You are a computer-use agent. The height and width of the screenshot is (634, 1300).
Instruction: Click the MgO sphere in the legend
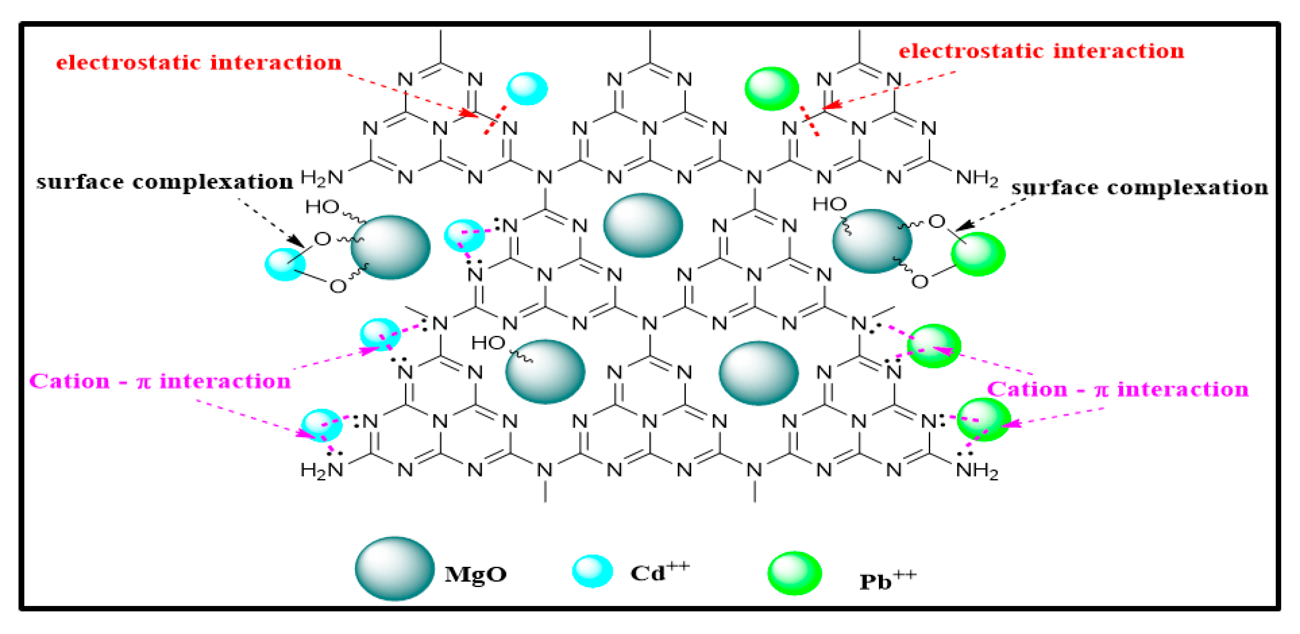394,569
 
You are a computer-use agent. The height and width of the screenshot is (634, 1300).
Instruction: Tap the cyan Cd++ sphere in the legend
593,571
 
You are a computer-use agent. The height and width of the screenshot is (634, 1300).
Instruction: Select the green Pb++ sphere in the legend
794,573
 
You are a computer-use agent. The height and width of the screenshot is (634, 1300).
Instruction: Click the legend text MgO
475,574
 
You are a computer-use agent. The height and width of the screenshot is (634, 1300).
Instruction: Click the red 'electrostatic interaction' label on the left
199,62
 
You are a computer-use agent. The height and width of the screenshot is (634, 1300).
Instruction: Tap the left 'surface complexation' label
164,182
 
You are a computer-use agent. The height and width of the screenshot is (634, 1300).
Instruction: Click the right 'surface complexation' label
1139,188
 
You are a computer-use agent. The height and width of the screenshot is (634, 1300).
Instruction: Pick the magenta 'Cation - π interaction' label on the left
160,381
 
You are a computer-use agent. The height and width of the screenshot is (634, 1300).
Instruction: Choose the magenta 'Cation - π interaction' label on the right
1117,389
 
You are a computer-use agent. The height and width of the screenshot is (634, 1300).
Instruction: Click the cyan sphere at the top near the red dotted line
527,88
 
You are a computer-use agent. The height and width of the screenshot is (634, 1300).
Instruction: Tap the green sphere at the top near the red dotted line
772,89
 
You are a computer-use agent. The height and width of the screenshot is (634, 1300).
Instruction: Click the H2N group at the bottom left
322,470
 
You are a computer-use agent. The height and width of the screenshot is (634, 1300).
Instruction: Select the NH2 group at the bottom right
977,470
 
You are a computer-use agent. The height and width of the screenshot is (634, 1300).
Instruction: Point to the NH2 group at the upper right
977,178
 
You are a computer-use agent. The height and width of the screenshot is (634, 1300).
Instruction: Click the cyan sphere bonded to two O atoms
285,264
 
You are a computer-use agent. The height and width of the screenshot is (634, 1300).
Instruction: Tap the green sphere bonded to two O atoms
977,254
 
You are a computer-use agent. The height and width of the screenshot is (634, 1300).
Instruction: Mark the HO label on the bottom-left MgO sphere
488,343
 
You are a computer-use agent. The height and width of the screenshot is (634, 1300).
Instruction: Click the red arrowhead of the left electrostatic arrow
469,114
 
